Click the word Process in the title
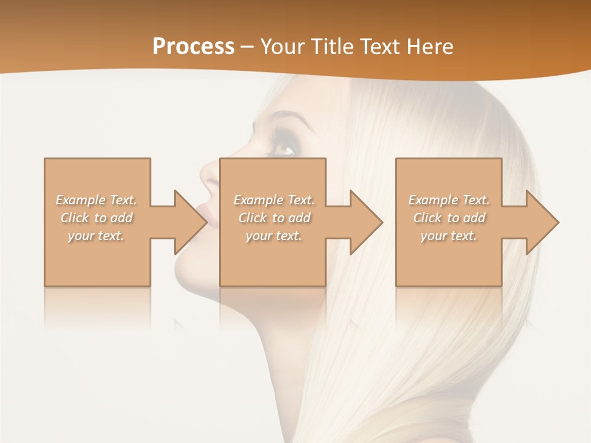[193, 46]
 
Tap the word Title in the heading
[334, 46]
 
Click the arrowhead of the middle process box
[366, 222]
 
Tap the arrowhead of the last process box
[542, 222]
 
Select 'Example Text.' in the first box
[97, 200]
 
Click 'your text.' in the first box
[97, 236]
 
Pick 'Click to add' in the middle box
[274, 218]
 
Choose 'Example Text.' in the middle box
[274, 200]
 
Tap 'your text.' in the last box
[449, 236]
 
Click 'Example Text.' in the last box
[449, 200]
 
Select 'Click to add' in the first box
[97, 218]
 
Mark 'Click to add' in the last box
[449, 218]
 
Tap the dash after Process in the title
[247, 47]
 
